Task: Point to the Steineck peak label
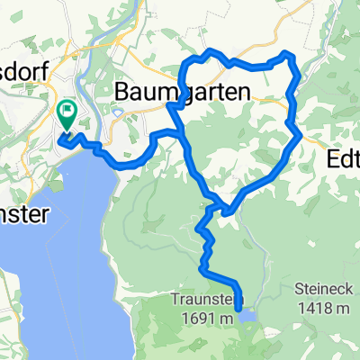(323, 290)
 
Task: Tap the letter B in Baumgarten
(124, 91)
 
